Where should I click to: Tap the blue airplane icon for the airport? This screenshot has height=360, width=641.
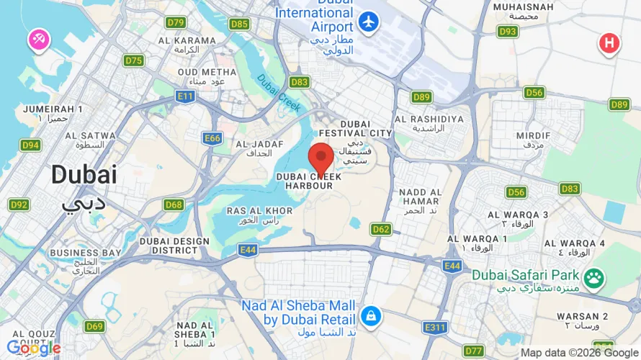(369, 22)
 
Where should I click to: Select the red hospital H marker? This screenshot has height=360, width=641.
(609, 44)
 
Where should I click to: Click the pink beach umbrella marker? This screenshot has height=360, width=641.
(37, 40)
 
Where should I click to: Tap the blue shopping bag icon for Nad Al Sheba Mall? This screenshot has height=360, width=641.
(371, 315)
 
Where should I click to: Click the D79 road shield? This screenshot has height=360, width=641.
(176, 22)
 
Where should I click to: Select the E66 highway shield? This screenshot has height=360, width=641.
(212, 138)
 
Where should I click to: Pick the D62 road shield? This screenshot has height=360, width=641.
(382, 229)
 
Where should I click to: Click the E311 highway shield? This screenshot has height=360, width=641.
(435, 328)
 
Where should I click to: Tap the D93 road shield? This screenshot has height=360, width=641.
(508, 31)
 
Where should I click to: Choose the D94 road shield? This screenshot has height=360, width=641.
(30, 145)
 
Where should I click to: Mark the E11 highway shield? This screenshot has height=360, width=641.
(185, 96)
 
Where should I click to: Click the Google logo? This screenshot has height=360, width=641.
(33, 348)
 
